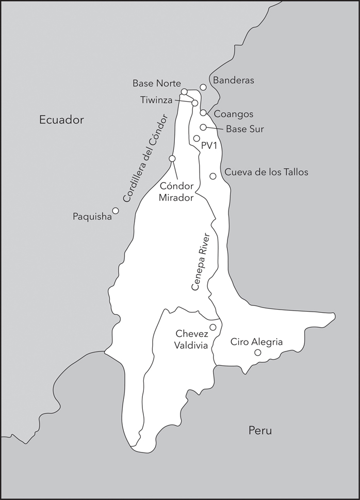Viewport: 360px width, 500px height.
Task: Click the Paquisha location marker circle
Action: point(116,211)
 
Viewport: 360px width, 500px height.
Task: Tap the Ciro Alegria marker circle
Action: point(258,352)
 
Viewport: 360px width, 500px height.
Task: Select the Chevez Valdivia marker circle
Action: point(212,327)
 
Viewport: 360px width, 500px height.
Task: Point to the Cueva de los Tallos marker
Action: point(212,176)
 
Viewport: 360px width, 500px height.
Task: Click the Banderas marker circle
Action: point(203,87)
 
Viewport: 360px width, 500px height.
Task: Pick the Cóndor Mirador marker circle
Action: point(172,158)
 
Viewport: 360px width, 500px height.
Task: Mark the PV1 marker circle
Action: point(197,138)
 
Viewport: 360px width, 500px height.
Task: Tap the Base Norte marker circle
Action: point(184,92)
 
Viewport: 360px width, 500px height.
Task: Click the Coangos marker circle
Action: point(203,112)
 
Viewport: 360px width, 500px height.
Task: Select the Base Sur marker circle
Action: point(203,127)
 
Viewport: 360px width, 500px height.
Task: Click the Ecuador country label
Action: point(61,120)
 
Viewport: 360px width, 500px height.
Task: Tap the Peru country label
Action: point(259,431)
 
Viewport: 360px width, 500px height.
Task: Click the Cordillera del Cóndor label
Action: point(146,159)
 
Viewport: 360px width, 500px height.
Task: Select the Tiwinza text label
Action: point(156,100)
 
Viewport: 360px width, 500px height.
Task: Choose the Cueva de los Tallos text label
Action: point(266,172)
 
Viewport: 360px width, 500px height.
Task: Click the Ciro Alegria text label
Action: point(256,342)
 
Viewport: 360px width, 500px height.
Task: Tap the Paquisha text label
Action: point(92,217)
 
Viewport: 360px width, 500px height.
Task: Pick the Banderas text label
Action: point(234,80)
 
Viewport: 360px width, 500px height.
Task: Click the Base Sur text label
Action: point(246,129)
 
